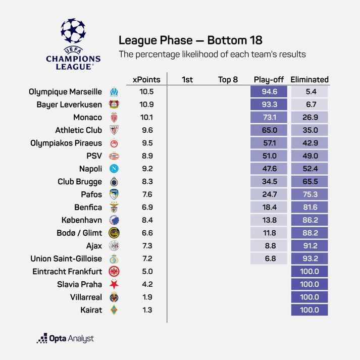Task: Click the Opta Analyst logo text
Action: [x=65, y=339]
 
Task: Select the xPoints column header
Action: [x=146, y=79]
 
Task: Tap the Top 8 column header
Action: [x=228, y=79]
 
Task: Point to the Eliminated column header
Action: [x=310, y=79]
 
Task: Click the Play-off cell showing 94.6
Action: [x=269, y=92]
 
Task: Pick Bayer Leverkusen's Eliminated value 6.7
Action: [x=310, y=105]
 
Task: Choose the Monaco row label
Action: [x=88, y=118]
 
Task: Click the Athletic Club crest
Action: [x=114, y=130]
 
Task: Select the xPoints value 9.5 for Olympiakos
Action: [x=146, y=143]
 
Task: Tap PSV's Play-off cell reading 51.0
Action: [x=269, y=156]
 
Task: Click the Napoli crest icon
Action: [x=114, y=169]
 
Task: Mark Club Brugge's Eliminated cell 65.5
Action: [x=310, y=182]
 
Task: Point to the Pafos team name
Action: [x=91, y=194]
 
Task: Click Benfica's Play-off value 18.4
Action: [x=269, y=207]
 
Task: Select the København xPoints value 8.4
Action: [x=146, y=220]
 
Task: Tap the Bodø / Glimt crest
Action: [x=114, y=233]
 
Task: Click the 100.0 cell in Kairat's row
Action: [x=310, y=310]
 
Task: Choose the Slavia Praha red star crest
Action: [x=114, y=284]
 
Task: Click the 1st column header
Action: [x=187, y=79]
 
